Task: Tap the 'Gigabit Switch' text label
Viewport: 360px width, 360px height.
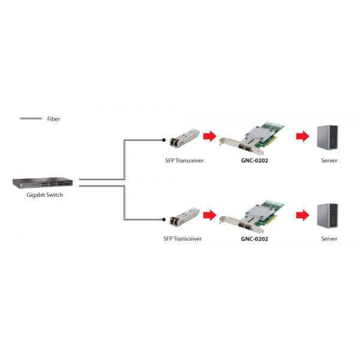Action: (45, 195)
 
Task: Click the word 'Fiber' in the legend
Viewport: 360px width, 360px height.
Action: (53, 119)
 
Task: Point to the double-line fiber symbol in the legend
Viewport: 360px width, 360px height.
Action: (31, 119)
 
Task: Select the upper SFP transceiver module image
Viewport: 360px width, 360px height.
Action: (182, 138)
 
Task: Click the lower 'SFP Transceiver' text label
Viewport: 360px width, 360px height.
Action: (182, 239)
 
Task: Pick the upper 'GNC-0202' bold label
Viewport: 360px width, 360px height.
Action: (254, 161)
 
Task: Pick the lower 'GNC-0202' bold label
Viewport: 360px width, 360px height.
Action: (254, 239)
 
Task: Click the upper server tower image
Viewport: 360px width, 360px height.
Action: (328, 137)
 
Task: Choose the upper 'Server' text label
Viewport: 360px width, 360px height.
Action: (329, 160)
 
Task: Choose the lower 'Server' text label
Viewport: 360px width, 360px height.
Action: (329, 239)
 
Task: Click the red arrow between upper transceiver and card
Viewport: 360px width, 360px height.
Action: (209, 136)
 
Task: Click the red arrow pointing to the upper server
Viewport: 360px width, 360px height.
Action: (301, 136)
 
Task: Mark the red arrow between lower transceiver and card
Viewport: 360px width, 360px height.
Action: (209, 214)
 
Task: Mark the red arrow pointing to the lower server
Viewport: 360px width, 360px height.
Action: (301, 214)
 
